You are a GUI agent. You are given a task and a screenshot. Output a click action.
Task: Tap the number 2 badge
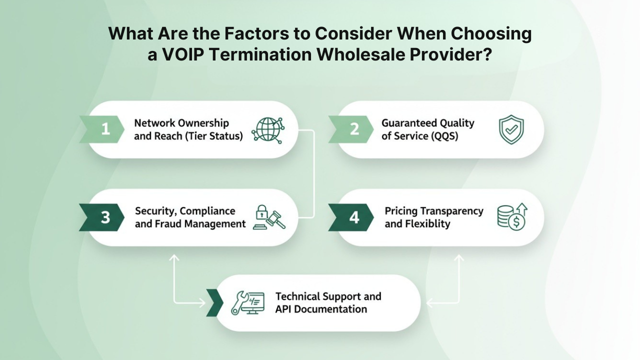click(351, 129)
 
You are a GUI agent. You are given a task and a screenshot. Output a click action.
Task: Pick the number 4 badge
click(351, 217)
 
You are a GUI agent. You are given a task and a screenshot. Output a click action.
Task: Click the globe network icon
click(268, 130)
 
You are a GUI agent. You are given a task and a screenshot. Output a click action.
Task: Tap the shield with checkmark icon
click(511, 129)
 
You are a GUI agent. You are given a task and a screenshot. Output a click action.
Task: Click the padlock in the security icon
click(261, 212)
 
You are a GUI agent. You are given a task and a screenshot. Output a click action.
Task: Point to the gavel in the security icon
click(275, 219)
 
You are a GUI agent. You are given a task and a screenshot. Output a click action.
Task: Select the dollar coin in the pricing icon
click(516, 221)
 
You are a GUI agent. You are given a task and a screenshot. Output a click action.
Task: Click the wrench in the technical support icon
click(239, 303)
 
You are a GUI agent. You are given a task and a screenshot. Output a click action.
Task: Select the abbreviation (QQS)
click(444, 136)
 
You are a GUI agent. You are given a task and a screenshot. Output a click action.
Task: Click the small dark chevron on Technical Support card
click(214, 303)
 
